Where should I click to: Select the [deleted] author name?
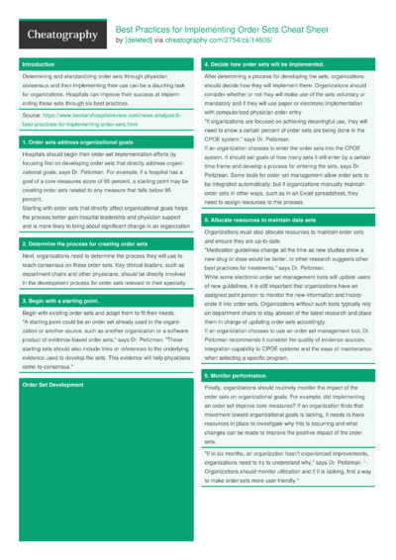pyautogui.click(x=140, y=41)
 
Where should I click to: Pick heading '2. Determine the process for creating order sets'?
pyautogui.click(x=85, y=242)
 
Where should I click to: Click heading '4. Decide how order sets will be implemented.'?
pyautogui.click(x=265, y=64)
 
